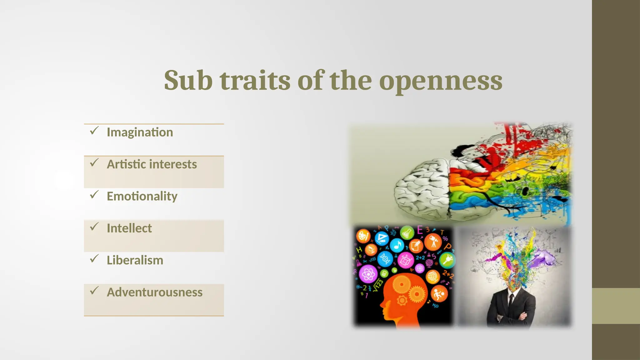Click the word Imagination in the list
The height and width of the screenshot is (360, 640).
pyautogui.click(x=140, y=132)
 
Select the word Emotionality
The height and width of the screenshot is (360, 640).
pyautogui.click(x=142, y=197)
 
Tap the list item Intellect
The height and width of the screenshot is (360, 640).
pyautogui.click(x=129, y=228)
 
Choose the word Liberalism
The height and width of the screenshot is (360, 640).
pyautogui.click(x=135, y=261)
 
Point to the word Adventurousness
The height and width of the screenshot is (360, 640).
pyautogui.click(x=154, y=292)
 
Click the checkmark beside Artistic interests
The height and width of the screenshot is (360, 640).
pyautogui.click(x=94, y=163)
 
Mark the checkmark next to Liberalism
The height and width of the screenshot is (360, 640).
pyautogui.click(x=94, y=259)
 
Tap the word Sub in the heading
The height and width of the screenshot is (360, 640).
pyautogui.click(x=188, y=81)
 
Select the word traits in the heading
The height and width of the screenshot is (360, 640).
pyautogui.click(x=255, y=81)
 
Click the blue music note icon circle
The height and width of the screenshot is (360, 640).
pyautogui.click(x=397, y=245)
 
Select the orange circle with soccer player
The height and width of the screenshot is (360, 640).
pyautogui.click(x=439, y=294)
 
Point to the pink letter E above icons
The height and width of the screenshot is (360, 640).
pyautogui.click(x=420, y=230)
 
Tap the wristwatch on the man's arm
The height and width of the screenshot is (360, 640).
pyautogui.click(x=499, y=318)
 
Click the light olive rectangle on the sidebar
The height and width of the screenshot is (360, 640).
pyautogui.click(x=616, y=306)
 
